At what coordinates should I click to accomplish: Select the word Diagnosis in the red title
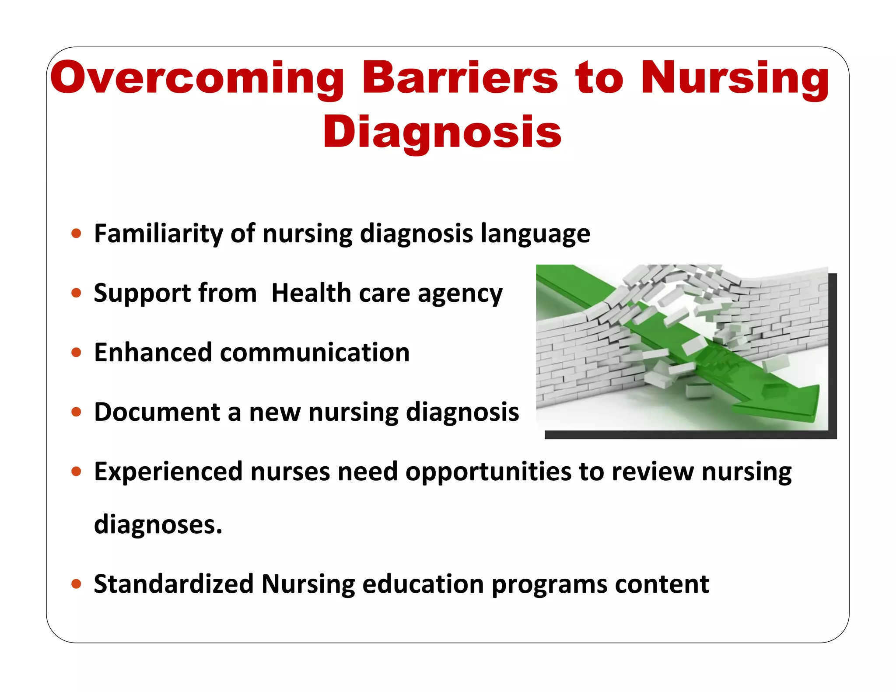pos(442,132)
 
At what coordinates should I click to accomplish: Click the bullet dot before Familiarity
pos(77,233)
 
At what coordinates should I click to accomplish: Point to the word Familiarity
pos(158,233)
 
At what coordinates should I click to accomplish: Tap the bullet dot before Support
pos(77,293)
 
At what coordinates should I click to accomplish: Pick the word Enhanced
pos(153,352)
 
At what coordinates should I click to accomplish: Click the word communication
pos(315,352)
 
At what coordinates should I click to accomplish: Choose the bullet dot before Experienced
pos(77,471)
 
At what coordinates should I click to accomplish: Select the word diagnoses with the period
pos(158,524)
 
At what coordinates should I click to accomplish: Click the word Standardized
pos(174,584)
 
